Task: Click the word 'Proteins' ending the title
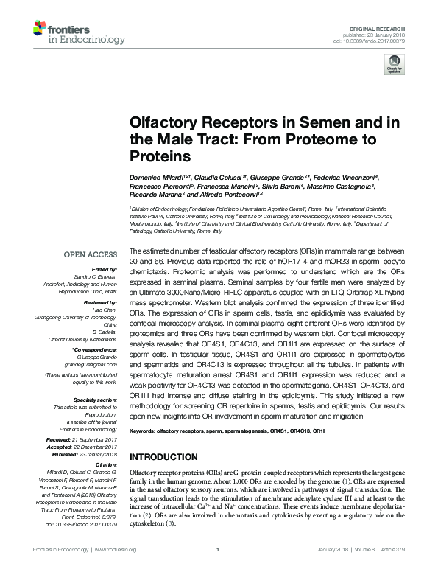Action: [160, 157]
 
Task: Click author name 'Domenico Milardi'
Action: [155, 178]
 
